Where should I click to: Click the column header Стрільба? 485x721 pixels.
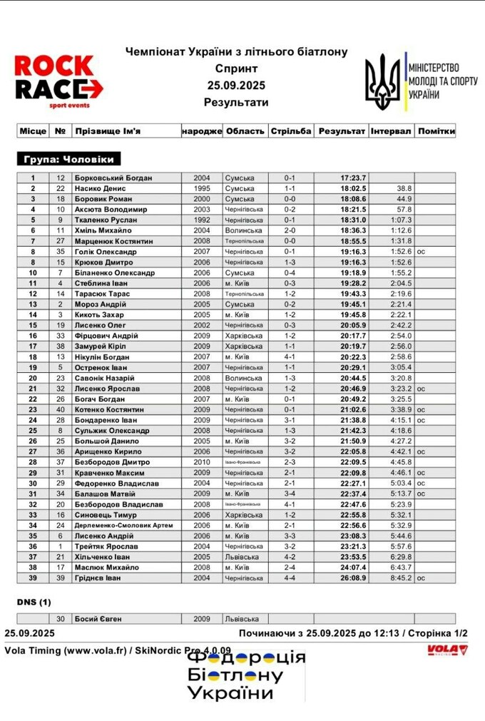290,131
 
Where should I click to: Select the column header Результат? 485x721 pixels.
342,131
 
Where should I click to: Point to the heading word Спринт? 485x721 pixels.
236,68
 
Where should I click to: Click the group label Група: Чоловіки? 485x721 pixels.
68,159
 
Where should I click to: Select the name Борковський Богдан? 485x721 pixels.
113,178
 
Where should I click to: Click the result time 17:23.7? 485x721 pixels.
353,178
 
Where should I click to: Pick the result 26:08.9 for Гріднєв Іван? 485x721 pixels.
353,578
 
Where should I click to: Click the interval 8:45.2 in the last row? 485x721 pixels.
400,578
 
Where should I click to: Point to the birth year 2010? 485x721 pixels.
202,461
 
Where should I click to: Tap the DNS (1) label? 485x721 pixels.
34,603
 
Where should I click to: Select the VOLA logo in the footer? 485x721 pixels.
446,649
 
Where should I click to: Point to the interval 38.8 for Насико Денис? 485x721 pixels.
404,188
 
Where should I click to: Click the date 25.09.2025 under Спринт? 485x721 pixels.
236,86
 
